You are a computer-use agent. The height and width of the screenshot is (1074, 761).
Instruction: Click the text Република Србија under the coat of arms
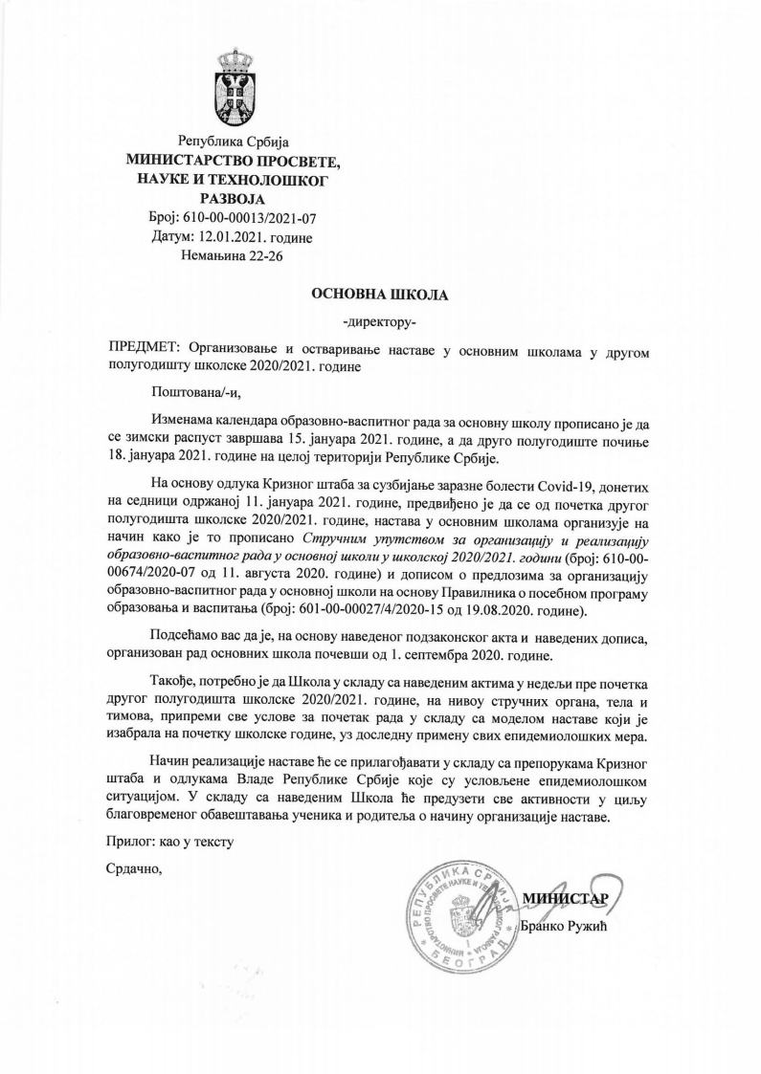[233, 142]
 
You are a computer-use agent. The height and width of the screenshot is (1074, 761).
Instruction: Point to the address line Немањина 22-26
[232, 256]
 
